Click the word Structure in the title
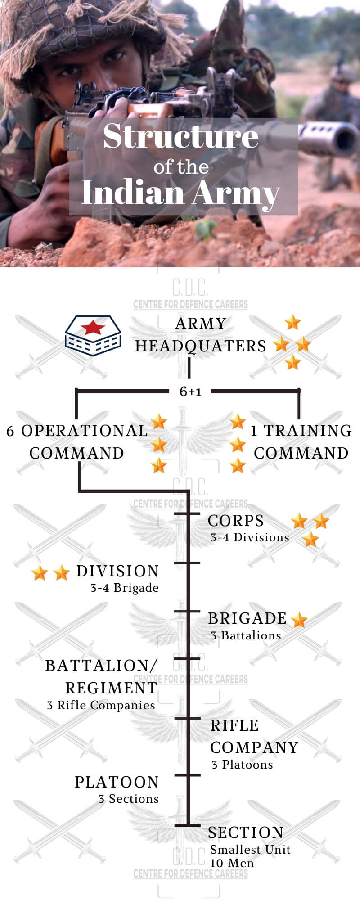point(181,136)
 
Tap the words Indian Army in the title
point(181,193)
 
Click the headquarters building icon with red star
point(93,336)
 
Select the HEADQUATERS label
point(201,346)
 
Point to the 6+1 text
point(190,391)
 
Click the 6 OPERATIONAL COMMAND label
point(77,441)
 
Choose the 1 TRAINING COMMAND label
point(301,441)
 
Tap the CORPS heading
point(236,521)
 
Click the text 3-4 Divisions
point(250,537)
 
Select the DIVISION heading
point(117,571)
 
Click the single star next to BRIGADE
point(299,620)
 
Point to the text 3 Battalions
point(246,635)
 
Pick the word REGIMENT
point(111,688)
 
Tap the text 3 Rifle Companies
point(101,705)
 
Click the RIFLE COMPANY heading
point(254,736)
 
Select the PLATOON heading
point(117,782)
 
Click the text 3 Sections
point(129,799)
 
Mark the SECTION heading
point(246,832)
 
